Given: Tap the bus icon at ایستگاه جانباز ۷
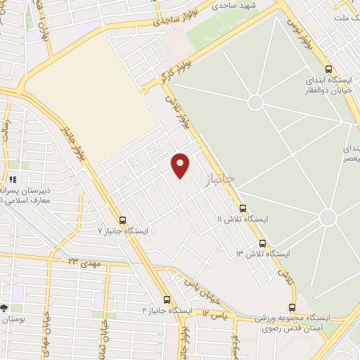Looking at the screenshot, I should pos(124,220).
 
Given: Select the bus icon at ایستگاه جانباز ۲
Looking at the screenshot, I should pos(167,299).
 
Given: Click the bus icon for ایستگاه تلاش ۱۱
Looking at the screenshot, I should pos(243,208).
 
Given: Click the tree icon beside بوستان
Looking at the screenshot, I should pos(4,308).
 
